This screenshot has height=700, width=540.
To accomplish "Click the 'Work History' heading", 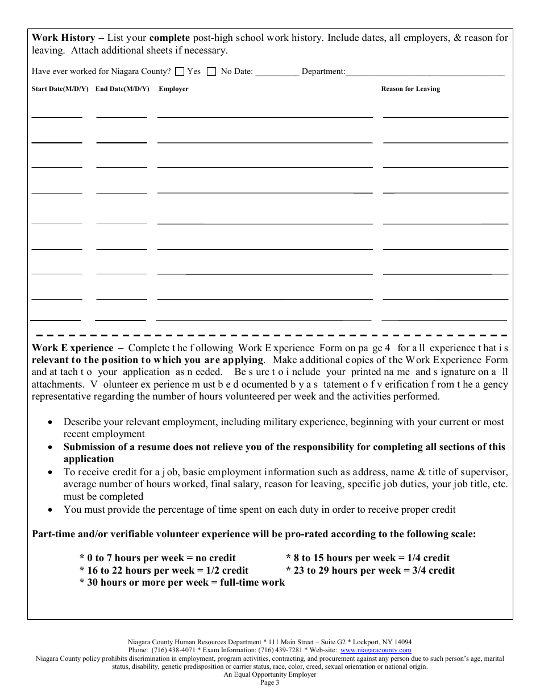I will (x=63, y=38).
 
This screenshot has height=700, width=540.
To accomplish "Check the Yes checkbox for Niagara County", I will (x=180, y=72).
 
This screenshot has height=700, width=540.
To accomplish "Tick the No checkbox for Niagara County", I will (x=211, y=72).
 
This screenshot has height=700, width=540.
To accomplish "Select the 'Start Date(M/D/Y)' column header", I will (x=60, y=89).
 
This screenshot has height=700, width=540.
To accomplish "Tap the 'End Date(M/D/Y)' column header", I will (x=122, y=89).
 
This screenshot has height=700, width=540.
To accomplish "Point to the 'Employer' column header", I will (x=173, y=89).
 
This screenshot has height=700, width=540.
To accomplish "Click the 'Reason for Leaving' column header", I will (x=410, y=89).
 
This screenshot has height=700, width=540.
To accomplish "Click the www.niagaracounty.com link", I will (x=376, y=650).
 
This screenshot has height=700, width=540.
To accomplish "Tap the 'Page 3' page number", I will (x=270, y=682).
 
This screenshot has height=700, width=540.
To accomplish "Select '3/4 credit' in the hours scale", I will (x=434, y=570).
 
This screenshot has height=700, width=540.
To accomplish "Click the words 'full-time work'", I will (x=252, y=582).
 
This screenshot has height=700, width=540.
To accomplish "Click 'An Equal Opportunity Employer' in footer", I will (x=270, y=674).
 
